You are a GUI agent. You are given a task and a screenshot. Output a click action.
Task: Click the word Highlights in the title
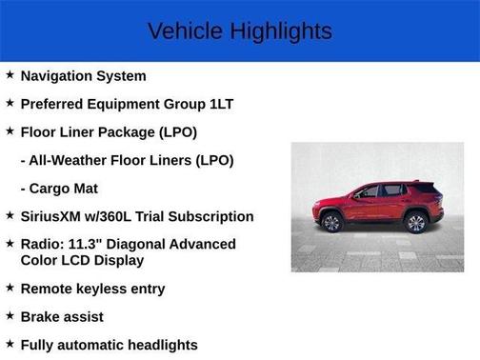(x=280, y=30)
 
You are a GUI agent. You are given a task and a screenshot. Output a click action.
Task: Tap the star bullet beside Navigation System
(x=10, y=74)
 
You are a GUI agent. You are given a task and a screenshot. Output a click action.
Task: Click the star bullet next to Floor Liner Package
(x=10, y=130)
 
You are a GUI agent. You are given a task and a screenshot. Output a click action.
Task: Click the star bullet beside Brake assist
(x=10, y=315)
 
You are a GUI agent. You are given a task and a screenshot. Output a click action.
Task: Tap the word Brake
(x=41, y=316)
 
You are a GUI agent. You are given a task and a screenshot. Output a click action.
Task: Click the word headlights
(x=150, y=345)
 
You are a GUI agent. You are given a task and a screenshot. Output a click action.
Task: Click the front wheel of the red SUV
(x=331, y=223)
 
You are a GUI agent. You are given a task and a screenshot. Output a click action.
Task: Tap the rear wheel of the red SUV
(x=415, y=223)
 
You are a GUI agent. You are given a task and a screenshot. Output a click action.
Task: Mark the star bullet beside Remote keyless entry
(x=10, y=288)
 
